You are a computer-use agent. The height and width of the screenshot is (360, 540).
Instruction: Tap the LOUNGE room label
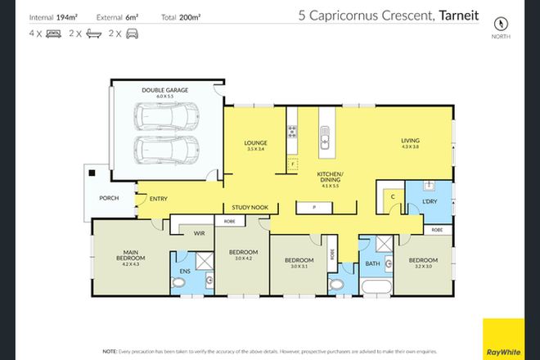point(256,142)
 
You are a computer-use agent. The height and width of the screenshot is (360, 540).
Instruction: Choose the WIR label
point(199,233)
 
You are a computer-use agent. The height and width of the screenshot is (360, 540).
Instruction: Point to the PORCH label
point(108,197)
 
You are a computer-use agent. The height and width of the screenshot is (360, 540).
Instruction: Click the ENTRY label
point(157,197)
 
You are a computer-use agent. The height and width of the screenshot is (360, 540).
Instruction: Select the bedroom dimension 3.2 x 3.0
point(423,266)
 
